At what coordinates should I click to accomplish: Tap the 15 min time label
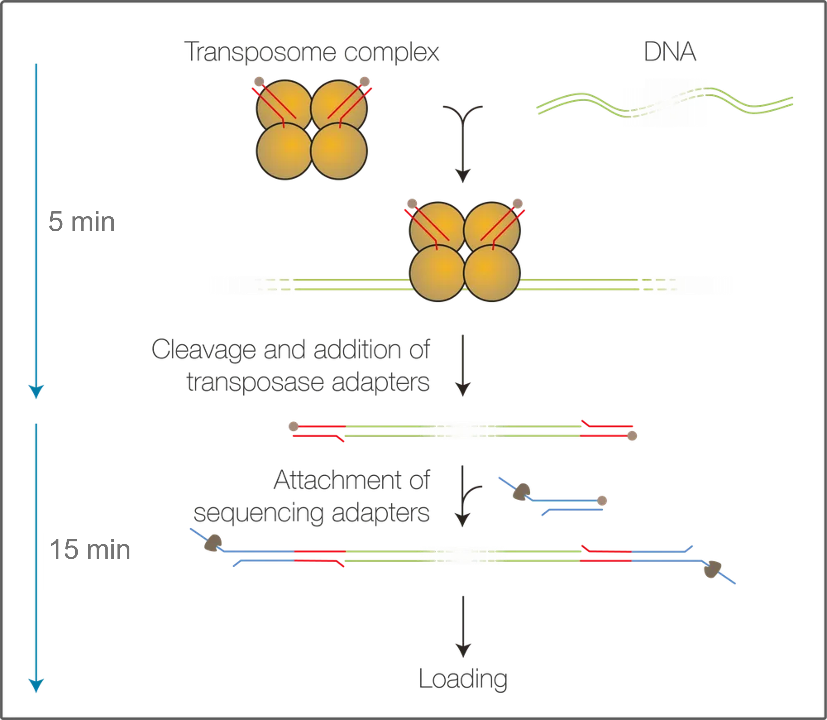(89, 549)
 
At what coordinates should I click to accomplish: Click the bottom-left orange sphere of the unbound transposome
(284, 151)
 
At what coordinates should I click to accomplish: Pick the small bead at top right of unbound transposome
(364, 81)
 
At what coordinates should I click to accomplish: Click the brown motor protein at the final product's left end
(213, 543)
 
